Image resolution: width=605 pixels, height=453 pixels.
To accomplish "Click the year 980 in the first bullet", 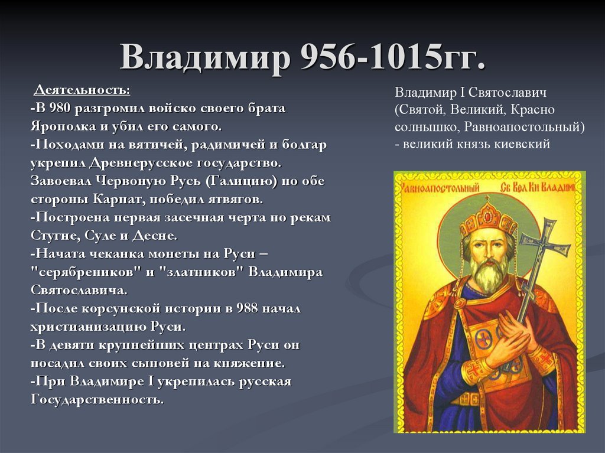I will tap(60, 109).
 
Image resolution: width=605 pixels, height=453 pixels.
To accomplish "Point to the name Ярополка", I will tap(58, 126).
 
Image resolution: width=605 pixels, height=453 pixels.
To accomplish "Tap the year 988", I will tap(247, 308).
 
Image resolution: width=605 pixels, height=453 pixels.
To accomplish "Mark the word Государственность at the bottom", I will tap(96, 400).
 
